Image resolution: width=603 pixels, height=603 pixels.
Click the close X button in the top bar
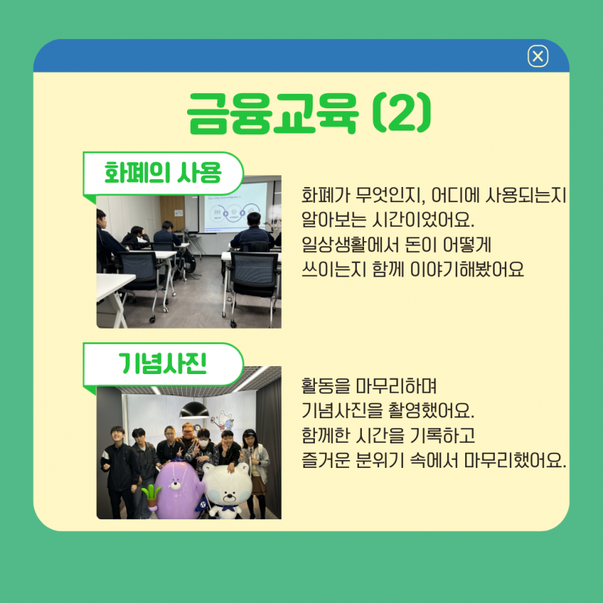(x=538, y=56)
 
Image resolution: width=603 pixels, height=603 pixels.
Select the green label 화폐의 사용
(x=162, y=173)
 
